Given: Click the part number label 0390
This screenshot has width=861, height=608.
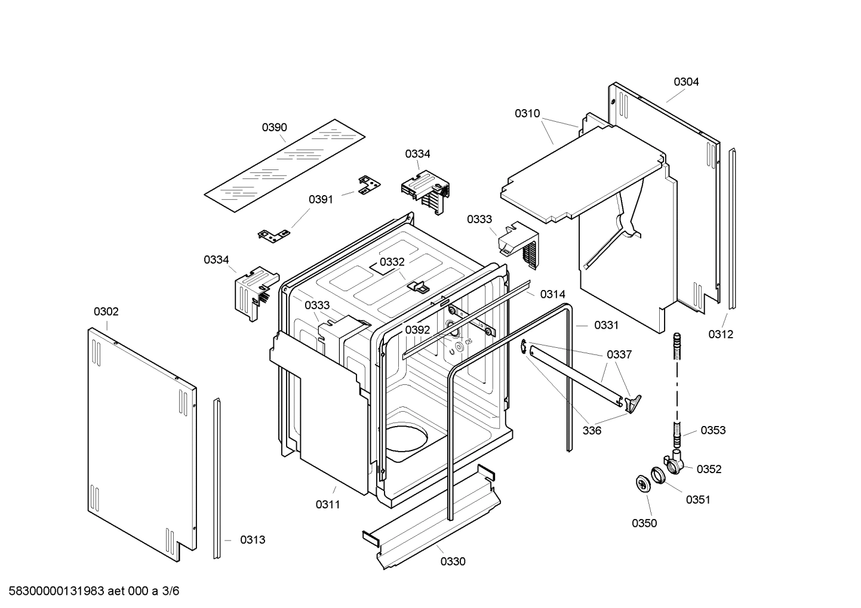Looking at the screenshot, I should click(274, 127).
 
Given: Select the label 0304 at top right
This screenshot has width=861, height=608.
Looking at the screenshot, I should click(686, 82).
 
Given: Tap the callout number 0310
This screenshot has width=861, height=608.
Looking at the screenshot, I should click(527, 113).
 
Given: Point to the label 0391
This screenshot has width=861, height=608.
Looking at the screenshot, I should click(321, 199).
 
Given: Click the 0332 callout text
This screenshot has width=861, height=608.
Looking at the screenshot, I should click(392, 262).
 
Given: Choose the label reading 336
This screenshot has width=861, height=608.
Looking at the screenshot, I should click(592, 430).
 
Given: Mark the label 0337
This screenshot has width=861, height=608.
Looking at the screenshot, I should click(619, 354).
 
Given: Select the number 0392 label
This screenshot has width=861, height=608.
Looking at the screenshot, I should click(417, 330).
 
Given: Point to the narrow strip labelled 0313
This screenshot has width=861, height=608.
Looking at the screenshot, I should click(217, 477).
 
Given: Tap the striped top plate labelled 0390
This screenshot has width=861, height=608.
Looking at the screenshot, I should click(284, 165).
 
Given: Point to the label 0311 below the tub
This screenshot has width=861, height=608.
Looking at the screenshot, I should click(327, 505).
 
